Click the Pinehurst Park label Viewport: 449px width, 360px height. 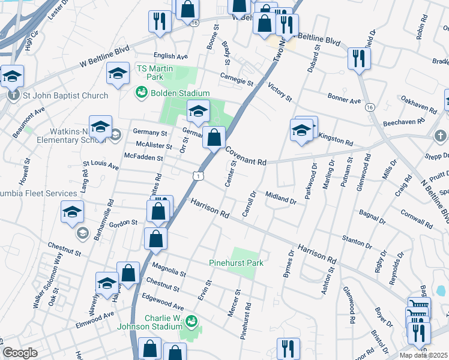click(x=236, y=263)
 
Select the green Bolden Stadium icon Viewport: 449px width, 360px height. click(x=141, y=93)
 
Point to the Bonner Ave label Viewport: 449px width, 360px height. click(x=344, y=97)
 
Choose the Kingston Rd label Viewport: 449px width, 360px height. click(x=335, y=138)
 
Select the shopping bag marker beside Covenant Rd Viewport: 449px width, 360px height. click(x=214, y=137)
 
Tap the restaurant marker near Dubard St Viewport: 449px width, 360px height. click(x=359, y=58)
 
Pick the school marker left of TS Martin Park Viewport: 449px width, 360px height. click(x=118, y=73)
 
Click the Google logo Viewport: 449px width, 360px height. click(x=20, y=353)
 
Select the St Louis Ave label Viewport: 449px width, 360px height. click(x=100, y=164)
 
